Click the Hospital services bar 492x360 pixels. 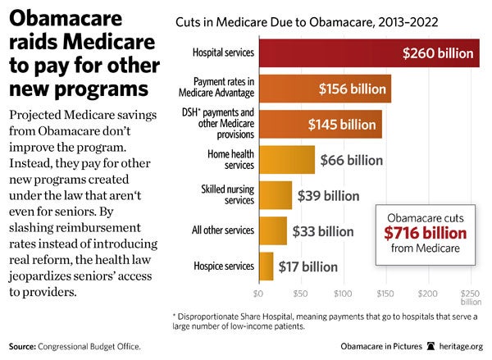pos(369,53)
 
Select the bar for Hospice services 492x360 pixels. pos(266,266)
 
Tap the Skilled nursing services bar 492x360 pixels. pos(275,195)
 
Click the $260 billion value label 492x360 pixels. pos(440,53)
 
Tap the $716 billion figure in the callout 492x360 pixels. pos(426,233)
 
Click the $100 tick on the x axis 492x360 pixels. pos(343,291)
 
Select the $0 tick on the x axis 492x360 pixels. pos(258,291)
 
